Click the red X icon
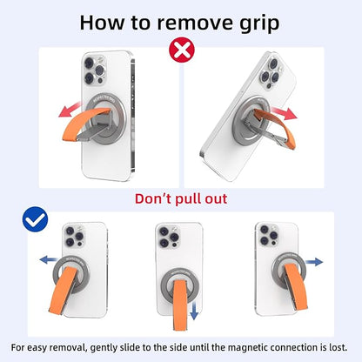182,50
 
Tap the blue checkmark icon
35,219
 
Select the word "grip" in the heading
258,24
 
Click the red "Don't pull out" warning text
181,199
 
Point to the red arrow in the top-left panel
70,110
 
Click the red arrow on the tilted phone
284,112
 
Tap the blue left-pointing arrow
49,259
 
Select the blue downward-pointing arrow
194,311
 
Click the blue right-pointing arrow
314,262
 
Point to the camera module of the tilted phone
271,73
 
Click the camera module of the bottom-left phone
73,237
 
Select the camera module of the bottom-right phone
268,235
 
